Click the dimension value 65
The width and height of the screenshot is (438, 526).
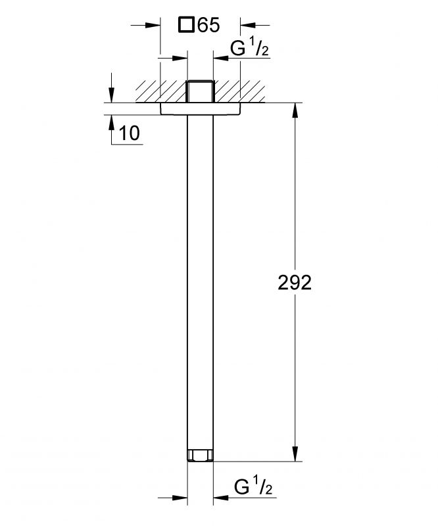208,25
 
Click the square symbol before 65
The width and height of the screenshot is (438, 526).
186,25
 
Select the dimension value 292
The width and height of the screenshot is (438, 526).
295,283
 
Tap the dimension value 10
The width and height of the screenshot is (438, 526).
129,133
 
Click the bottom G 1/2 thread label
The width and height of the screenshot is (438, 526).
253,487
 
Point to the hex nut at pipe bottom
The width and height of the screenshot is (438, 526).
200,455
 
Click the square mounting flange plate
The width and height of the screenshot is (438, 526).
201,108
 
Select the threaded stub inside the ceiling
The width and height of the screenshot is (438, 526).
200,91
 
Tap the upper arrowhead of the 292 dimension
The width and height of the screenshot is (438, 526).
295,110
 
